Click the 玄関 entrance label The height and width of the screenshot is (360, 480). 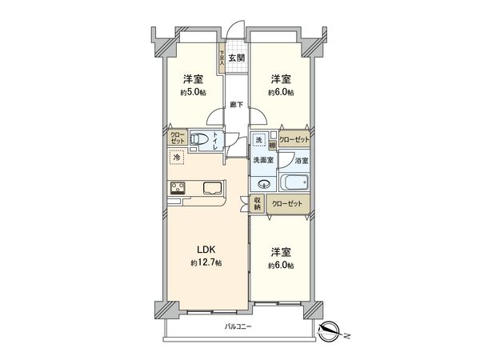point(235,58)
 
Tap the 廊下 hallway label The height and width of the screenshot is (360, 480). point(235,105)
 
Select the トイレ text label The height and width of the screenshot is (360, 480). point(226,142)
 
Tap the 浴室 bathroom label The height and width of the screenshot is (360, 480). point(302,161)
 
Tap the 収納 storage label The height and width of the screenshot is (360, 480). point(258,203)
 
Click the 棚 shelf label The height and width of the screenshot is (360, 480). point(272,145)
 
